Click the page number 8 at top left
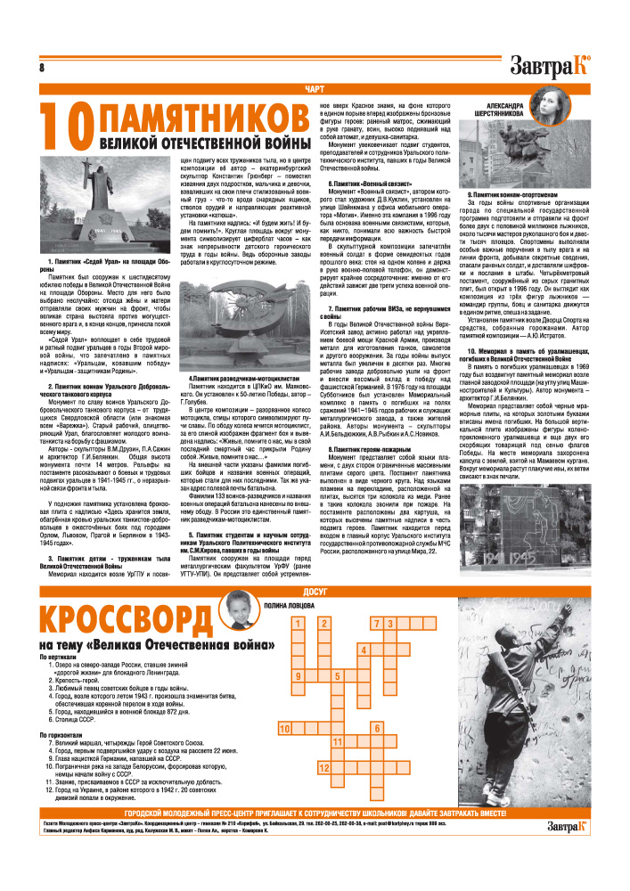point(42,69)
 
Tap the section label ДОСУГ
point(315,592)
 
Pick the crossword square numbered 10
point(286,728)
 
